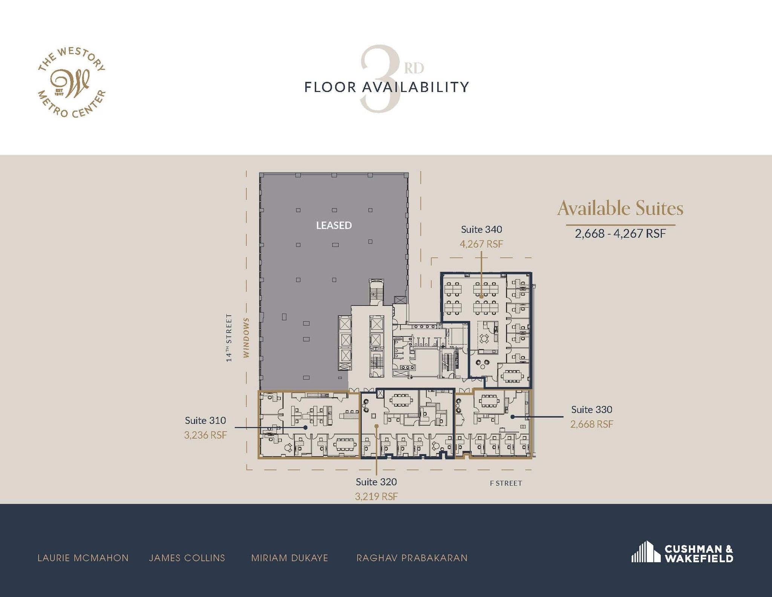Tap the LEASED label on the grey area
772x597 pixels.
point(334,225)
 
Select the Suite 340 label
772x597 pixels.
point(481,229)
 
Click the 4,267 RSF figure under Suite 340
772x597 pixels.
point(481,244)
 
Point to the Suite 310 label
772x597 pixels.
point(205,420)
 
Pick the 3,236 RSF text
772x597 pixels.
point(205,435)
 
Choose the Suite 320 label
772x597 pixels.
point(376,482)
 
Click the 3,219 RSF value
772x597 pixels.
point(376,496)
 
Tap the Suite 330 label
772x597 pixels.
point(591,409)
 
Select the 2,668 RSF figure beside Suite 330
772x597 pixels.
point(591,424)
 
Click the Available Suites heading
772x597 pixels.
point(620,208)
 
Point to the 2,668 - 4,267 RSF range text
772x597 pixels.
point(620,233)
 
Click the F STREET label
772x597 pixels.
point(506,483)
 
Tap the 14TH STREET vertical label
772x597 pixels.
point(229,338)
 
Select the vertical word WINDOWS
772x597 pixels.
point(246,338)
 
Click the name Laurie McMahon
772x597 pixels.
point(83,558)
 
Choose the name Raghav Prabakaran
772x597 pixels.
point(412,558)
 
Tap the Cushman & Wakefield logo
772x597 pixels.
point(682,554)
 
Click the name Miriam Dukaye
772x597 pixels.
point(289,558)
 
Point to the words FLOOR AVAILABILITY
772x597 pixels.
point(386,87)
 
